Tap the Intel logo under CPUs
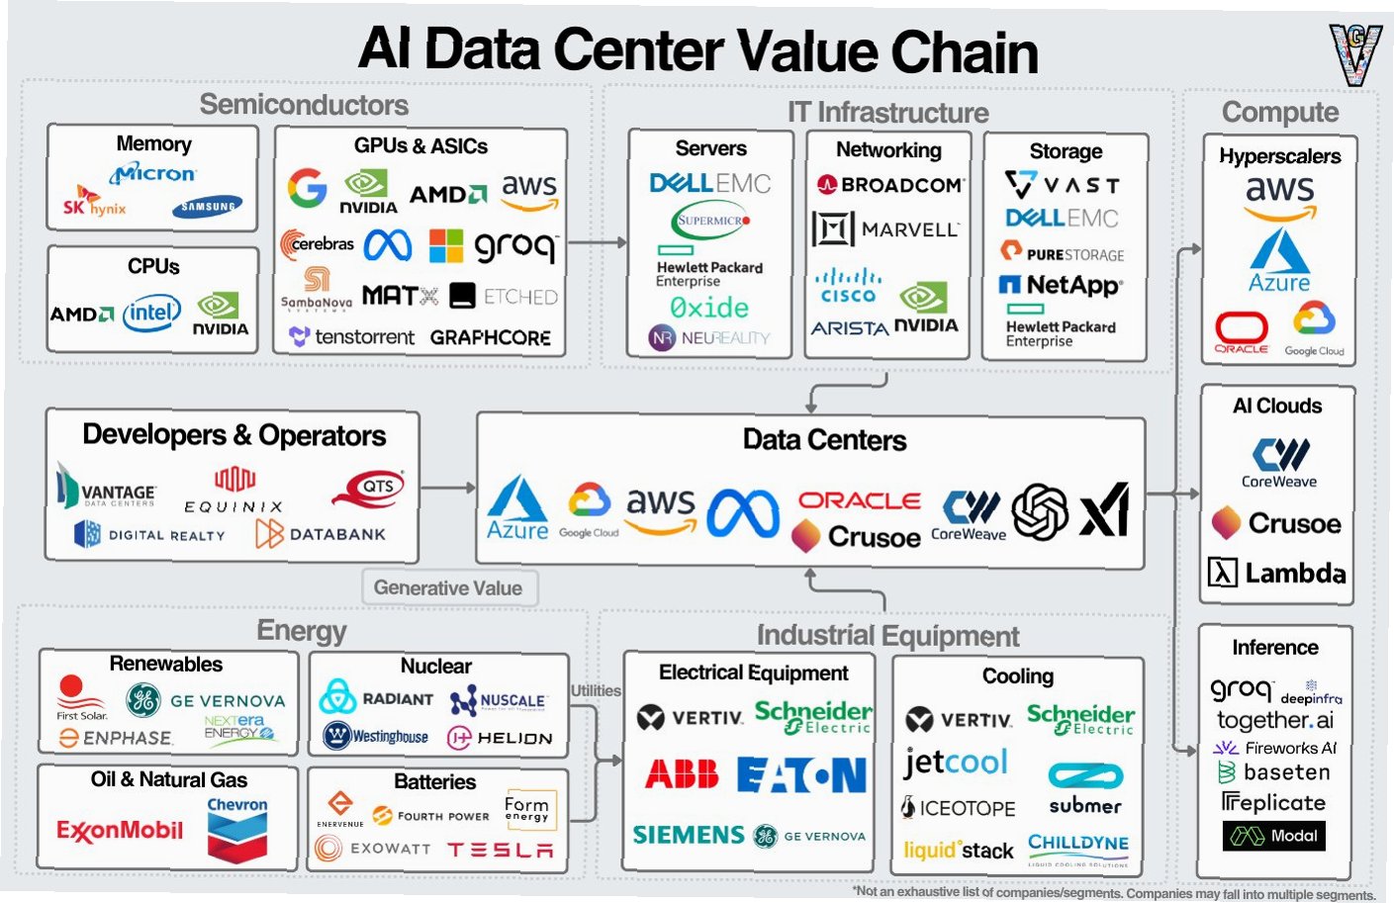[x=151, y=314]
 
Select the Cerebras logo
[x=317, y=243]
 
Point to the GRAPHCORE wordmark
[x=490, y=337]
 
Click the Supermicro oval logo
[x=710, y=221]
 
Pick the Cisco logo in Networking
[x=848, y=286]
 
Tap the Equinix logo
[x=234, y=492]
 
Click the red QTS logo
[x=369, y=488]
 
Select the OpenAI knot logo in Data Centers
[x=1040, y=512]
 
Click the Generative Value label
[x=448, y=587]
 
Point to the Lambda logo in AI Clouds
[x=1276, y=573]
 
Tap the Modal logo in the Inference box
[x=1273, y=836]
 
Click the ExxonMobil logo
[x=119, y=830]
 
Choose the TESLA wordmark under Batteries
[x=500, y=850]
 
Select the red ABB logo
[x=682, y=774]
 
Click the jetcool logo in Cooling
[x=955, y=762]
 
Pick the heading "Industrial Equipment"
[x=887, y=636]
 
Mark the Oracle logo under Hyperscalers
[x=1241, y=332]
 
